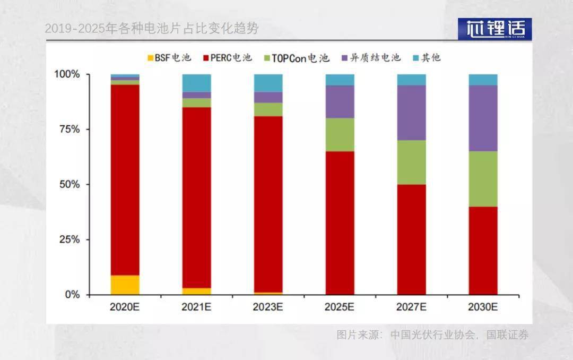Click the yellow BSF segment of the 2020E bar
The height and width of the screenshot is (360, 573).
(x=125, y=285)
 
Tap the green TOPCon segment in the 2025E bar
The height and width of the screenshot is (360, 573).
(x=340, y=134)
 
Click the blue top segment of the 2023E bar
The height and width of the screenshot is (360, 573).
(x=268, y=83)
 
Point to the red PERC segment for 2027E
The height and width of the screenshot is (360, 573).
(x=411, y=239)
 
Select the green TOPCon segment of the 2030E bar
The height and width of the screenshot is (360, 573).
(x=483, y=179)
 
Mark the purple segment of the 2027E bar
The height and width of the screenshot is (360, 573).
(x=411, y=113)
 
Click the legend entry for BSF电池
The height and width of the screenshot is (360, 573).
(x=168, y=58)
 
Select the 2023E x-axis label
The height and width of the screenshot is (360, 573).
(x=268, y=307)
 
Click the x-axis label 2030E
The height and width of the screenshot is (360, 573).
(x=483, y=307)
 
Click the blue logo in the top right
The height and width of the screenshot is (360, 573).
(x=494, y=29)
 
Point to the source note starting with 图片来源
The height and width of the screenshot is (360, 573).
(x=432, y=335)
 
